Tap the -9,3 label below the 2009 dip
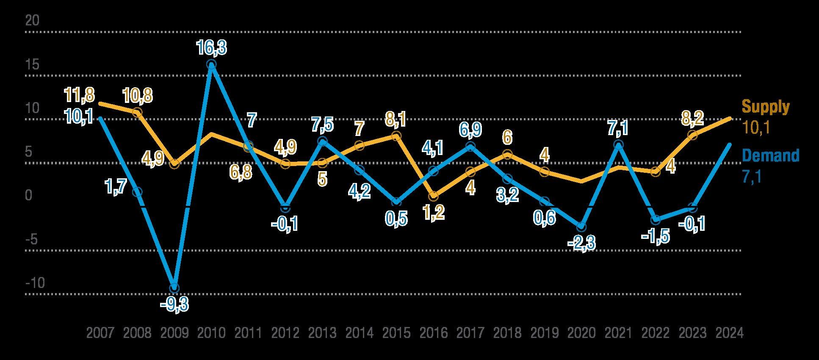tap(174, 304)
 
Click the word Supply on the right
tap(766, 107)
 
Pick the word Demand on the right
tap(771, 156)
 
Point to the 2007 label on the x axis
tap(100, 333)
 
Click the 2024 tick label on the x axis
tap(729, 333)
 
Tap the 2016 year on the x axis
tap(434, 333)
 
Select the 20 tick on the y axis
tap(32, 21)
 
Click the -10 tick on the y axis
tap(35, 283)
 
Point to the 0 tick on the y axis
tap(29, 196)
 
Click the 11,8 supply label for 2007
tap(80, 95)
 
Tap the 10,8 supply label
tap(138, 96)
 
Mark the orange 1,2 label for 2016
tap(433, 212)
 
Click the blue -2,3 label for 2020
tap(581, 243)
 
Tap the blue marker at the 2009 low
tap(174, 288)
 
